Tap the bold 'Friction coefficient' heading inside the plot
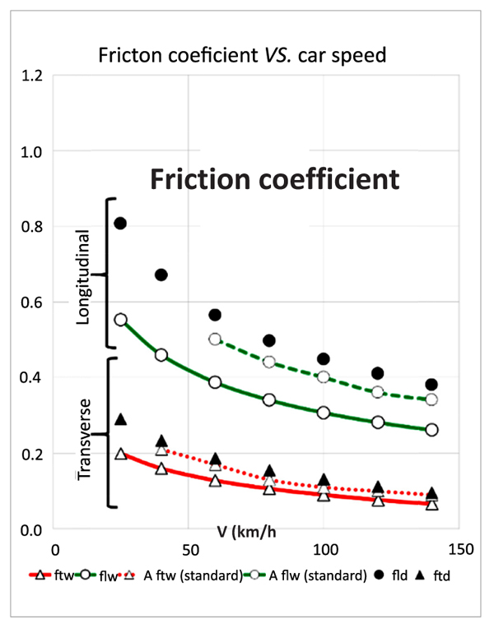point(273,178)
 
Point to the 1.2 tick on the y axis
point(33,76)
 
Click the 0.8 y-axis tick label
point(33,227)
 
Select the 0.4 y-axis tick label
point(33,378)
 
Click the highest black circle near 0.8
point(120,223)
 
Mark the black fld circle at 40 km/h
point(161,275)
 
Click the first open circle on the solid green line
point(120,320)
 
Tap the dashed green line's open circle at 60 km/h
point(216,339)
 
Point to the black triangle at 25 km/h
point(120,419)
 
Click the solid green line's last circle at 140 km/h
point(432,430)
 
